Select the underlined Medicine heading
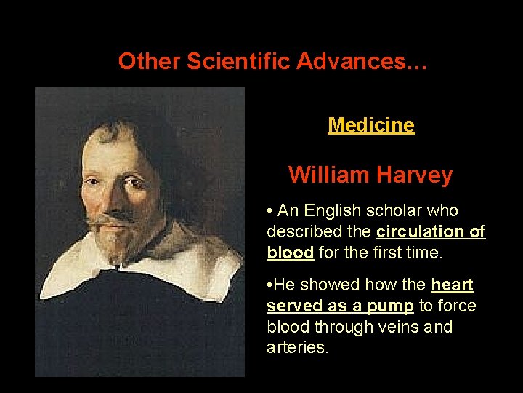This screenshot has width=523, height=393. (371, 125)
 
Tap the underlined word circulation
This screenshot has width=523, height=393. (421, 232)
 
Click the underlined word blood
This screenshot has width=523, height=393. (290, 253)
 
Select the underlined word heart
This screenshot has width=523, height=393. (452, 285)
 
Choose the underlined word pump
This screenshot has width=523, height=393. (389, 306)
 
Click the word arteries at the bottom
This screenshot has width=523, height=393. (296, 348)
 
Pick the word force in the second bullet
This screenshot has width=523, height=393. (454, 306)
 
